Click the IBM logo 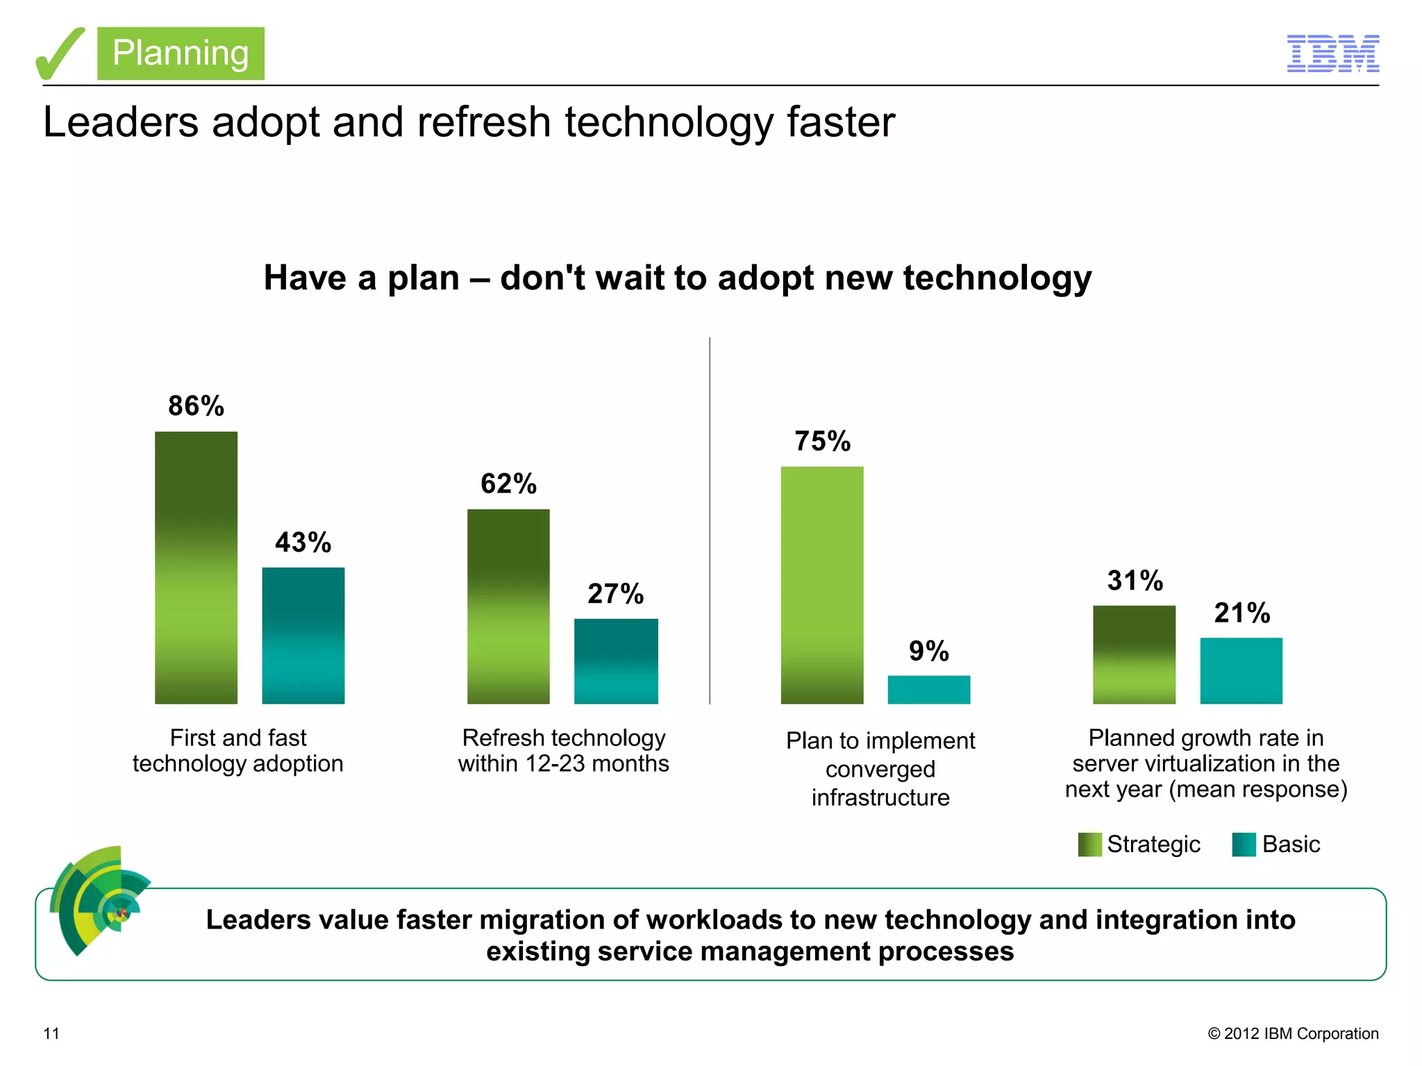pyautogui.click(x=1332, y=53)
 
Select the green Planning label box pyautogui.click(x=181, y=53)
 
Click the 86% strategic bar pyautogui.click(x=196, y=567)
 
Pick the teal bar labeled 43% pyautogui.click(x=303, y=635)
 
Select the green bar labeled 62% pyautogui.click(x=508, y=606)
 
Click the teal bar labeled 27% pyautogui.click(x=616, y=661)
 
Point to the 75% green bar pyautogui.click(x=822, y=584)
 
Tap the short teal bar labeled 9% pyautogui.click(x=928, y=689)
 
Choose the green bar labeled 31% pyautogui.click(x=1134, y=654)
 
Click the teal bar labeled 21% pyautogui.click(x=1241, y=670)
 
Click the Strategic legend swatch pyautogui.click(x=1089, y=844)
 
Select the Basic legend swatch pyautogui.click(x=1244, y=844)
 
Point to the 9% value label pyautogui.click(x=928, y=651)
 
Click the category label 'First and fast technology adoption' pyautogui.click(x=237, y=750)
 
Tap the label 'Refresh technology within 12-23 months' pyautogui.click(x=563, y=750)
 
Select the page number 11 pyautogui.click(x=51, y=1033)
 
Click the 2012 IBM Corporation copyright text pyautogui.click(x=1293, y=1033)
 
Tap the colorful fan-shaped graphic pyautogui.click(x=97, y=899)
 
